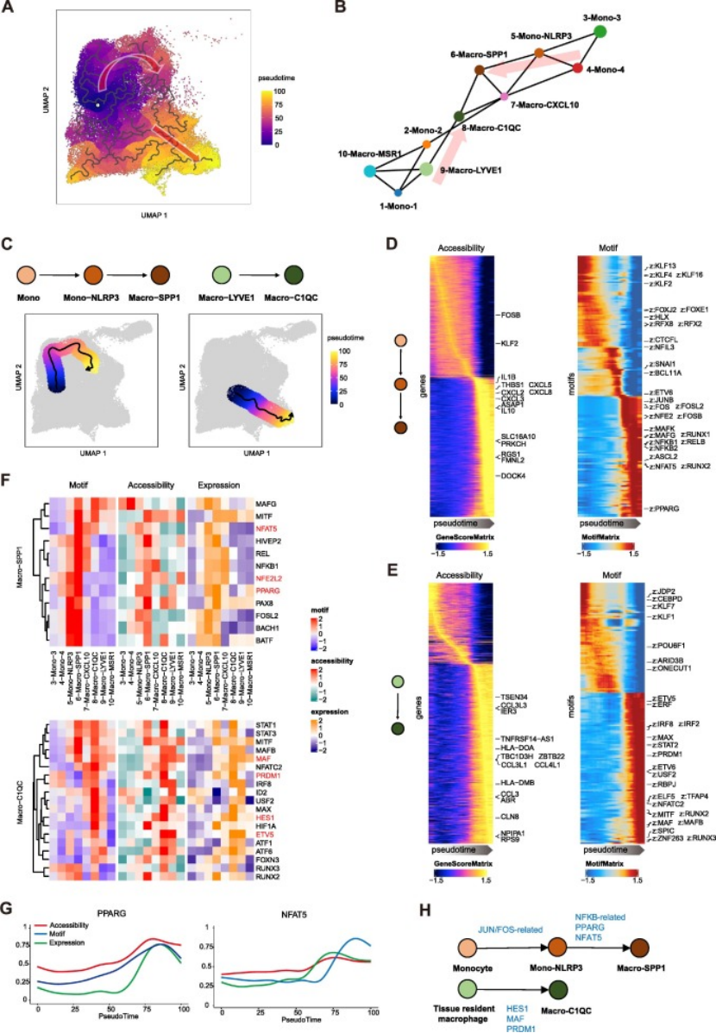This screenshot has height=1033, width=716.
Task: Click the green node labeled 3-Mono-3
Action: [x=601, y=32]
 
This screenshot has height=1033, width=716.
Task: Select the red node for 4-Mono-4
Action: [x=577, y=67]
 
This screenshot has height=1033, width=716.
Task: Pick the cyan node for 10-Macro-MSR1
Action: [x=369, y=172]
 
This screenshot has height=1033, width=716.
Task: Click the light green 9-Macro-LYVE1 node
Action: [x=425, y=169]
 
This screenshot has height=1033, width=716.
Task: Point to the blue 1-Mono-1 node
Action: [x=398, y=191]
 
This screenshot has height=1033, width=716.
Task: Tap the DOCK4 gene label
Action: [x=512, y=475]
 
